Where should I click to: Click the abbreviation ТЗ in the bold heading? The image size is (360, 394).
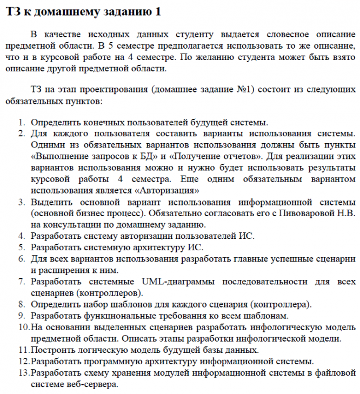pos(14,12)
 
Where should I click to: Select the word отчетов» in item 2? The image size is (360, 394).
pos(238,157)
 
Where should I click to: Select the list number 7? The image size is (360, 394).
pos(22,282)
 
